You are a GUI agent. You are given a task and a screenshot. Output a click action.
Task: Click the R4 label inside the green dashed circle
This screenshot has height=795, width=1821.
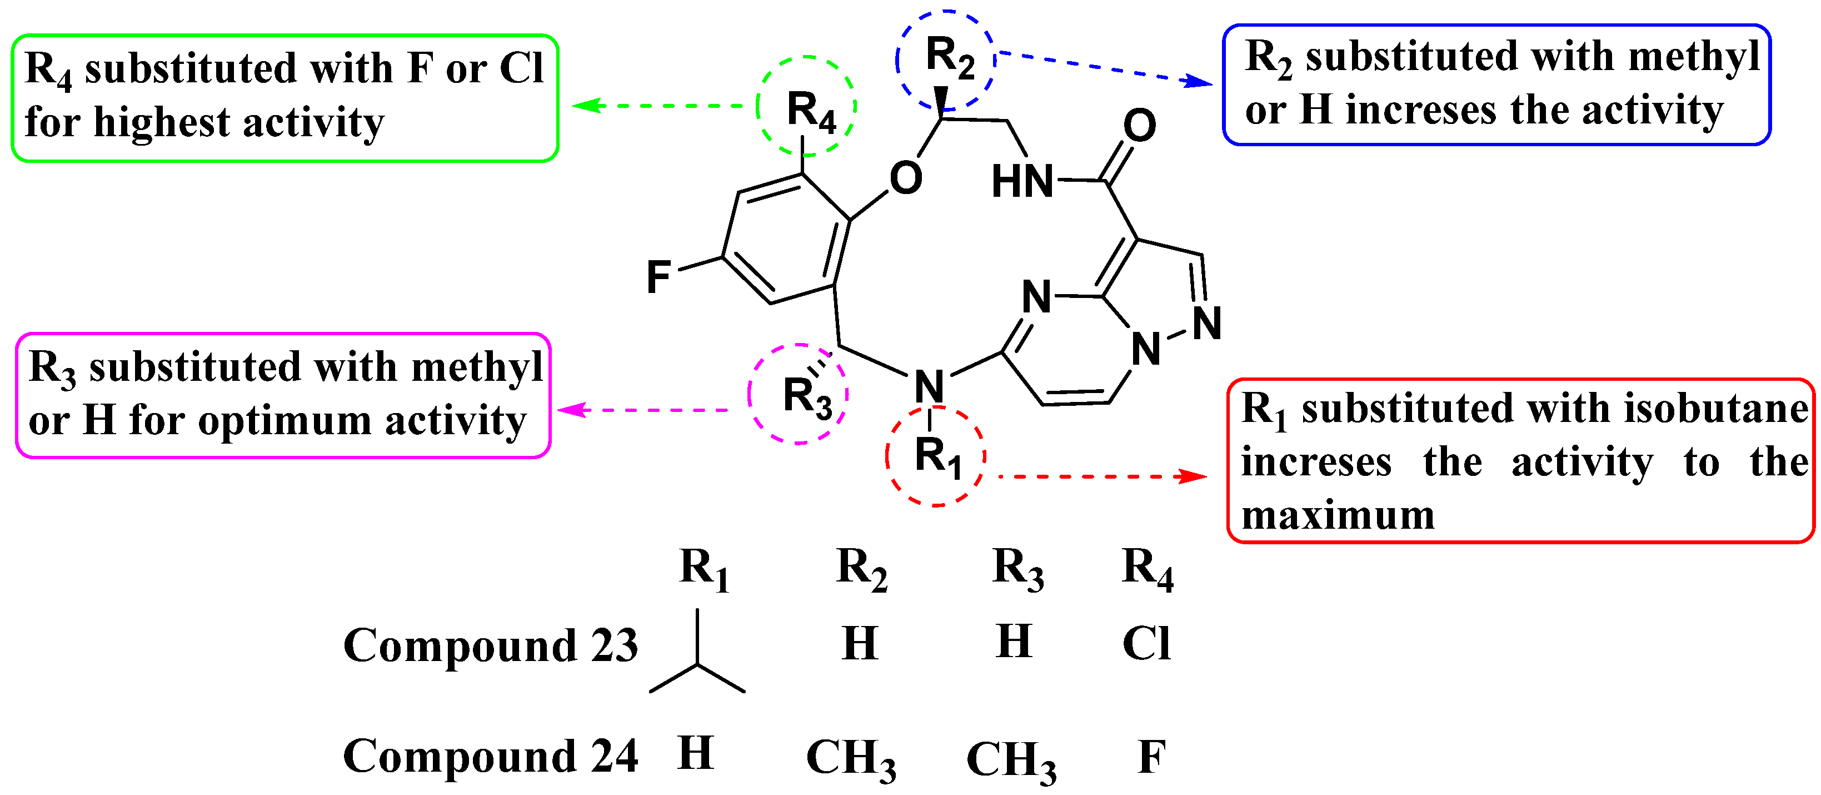click(x=810, y=112)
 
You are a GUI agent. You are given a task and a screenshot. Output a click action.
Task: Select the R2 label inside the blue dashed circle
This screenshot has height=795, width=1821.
click(x=949, y=57)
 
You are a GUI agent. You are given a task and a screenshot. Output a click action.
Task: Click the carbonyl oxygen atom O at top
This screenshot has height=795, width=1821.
click(x=1139, y=125)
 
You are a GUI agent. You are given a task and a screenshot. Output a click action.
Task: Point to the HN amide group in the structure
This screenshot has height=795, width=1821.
click(x=1021, y=181)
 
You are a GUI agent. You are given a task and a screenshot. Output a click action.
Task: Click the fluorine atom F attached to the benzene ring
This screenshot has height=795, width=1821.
click(x=658, y=276)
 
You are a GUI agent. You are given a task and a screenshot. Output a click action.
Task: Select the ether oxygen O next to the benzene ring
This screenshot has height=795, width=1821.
click(x=906, y=177)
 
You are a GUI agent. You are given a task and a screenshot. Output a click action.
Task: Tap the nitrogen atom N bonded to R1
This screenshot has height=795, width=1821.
click(x=929, y=386)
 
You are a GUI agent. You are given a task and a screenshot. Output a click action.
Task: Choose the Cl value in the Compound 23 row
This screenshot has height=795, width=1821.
click(x=1146, y=644)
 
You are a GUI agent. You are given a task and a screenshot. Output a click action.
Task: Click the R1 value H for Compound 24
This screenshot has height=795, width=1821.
click(x=696, y=753)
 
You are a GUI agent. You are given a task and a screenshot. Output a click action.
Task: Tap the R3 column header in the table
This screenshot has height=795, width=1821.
click(x=1017, y=568)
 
